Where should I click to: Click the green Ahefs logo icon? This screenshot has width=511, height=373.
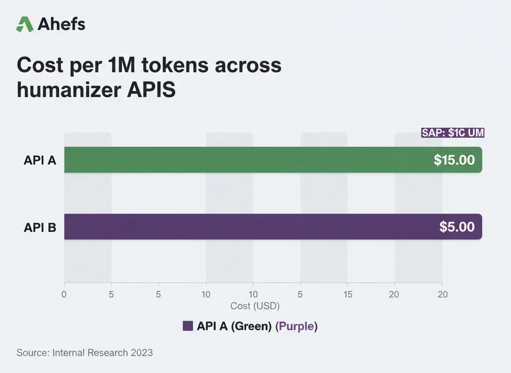(25, 24)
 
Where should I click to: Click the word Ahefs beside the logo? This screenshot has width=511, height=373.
(61, 25)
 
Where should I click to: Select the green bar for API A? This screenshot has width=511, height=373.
(242, 160)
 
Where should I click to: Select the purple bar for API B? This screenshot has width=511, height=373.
(242, 227)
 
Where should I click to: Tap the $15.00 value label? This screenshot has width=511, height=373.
(454, 160)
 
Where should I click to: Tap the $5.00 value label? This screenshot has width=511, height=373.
(457, 227)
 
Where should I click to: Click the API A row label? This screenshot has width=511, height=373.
(40, 161)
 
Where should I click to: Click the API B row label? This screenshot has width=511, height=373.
(40, 227)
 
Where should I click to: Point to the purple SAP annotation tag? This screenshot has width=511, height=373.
(453, 133)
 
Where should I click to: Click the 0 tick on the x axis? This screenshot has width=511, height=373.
(64, 295)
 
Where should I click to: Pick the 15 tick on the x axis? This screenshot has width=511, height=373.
(348, 295)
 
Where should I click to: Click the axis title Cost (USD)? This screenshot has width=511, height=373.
(255, 306)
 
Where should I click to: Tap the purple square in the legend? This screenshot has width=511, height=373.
(188, 326)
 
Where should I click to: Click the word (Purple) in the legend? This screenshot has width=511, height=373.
(297, 326)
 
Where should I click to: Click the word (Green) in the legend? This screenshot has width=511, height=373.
(252, 326)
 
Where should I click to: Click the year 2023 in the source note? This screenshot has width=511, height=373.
(142, 353)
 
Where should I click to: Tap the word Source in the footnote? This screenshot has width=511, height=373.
(32, 353)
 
